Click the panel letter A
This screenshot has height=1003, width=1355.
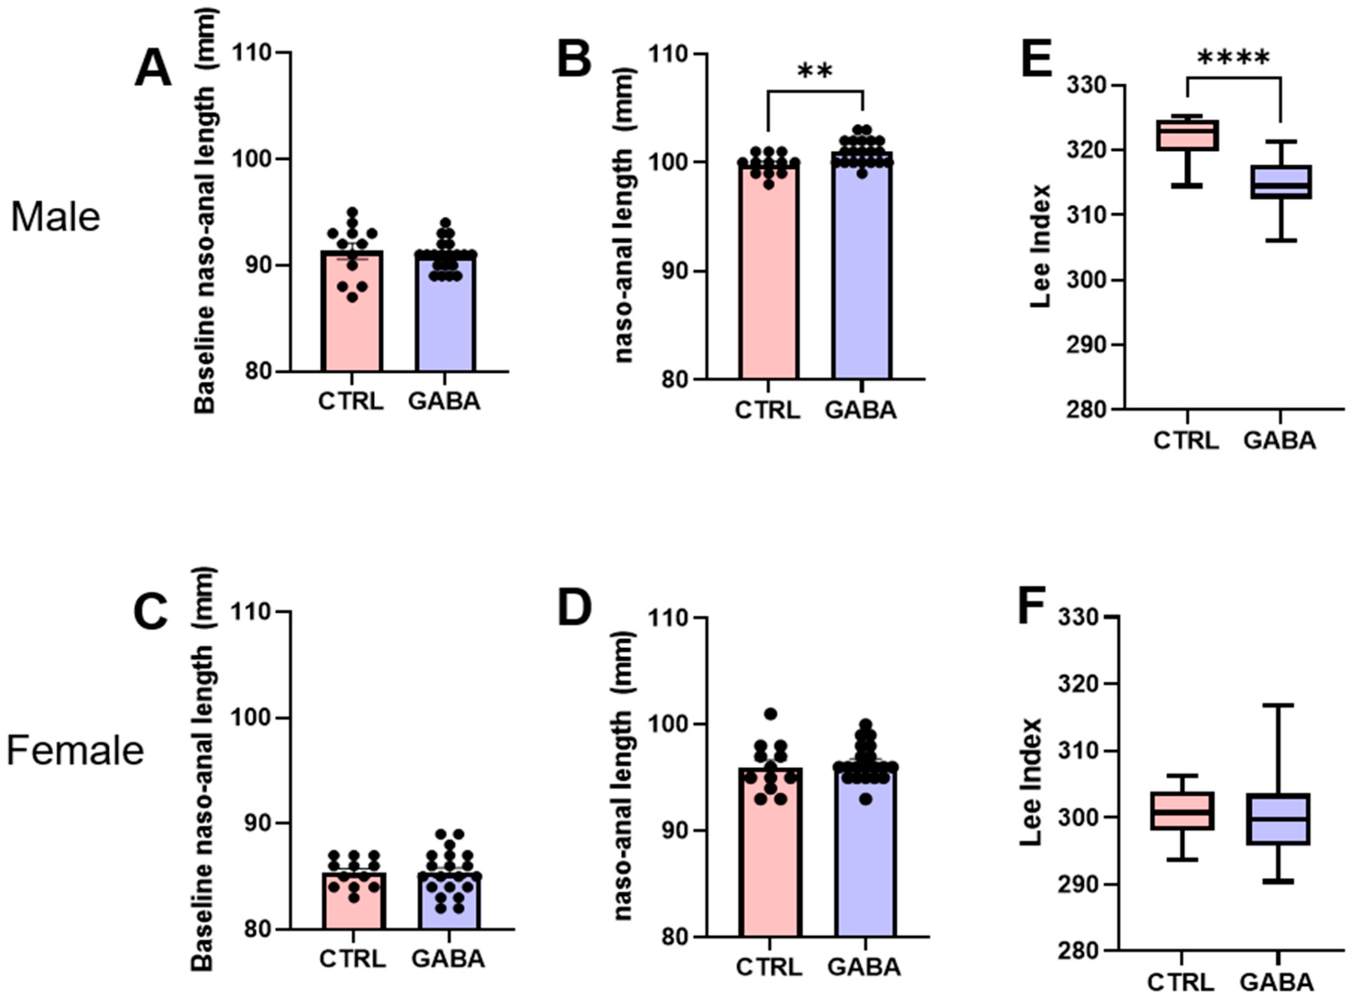tap(153, 68)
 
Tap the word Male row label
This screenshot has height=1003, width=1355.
tap(55, 217)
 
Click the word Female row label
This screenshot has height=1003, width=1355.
tap(75, 751)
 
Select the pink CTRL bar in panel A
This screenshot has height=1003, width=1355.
tap(351, 322)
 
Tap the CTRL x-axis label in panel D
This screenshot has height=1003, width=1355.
tap(769, 967)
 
